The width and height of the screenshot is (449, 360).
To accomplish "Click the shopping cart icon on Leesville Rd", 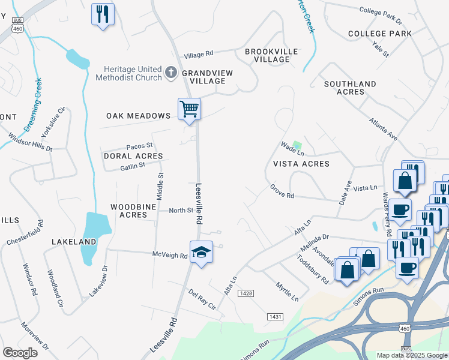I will click(189, 110).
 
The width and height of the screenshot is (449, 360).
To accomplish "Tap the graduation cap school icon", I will click(202, 253).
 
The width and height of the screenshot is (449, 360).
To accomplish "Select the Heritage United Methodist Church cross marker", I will click(170, 73).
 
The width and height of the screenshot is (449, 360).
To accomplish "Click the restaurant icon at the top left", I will click(103, 14).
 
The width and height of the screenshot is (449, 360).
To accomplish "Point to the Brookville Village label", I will click(271, 56).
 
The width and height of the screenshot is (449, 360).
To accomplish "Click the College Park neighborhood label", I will click(379, 34).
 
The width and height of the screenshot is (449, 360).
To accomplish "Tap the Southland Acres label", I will click(350, 88).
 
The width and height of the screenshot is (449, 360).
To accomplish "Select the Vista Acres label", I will click(301, 164).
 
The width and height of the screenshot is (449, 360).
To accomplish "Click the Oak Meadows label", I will click(139, 116).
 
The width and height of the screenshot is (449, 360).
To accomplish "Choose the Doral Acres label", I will click(133, 156).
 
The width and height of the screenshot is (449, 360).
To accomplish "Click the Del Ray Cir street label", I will click(202, 298).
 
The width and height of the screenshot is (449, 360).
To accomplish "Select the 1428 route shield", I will click(246, 293).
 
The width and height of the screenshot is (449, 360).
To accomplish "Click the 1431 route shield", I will click(275, 316).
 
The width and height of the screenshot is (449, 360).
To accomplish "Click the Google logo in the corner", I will click(20, 352).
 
